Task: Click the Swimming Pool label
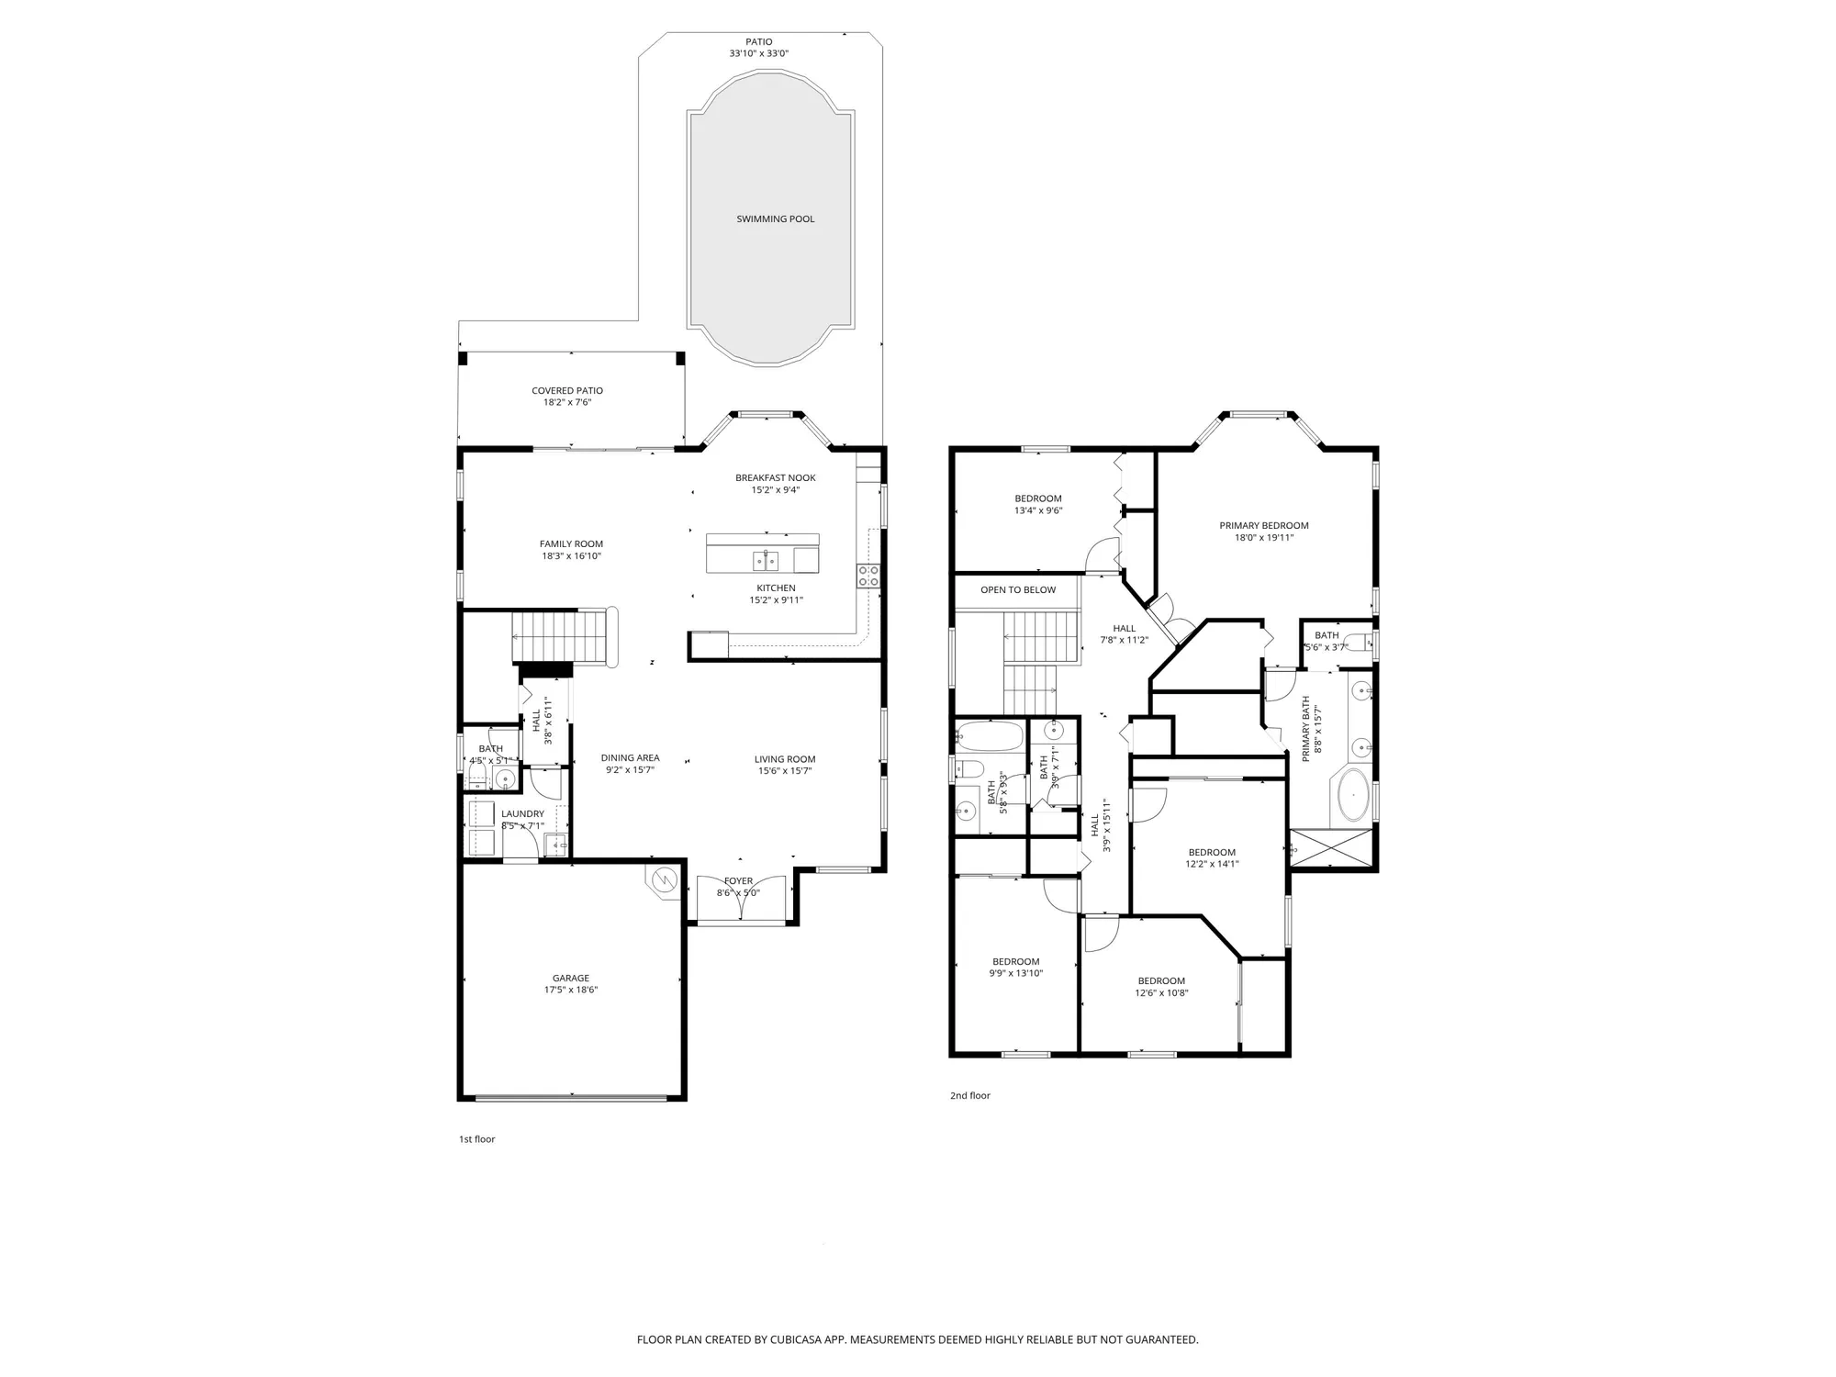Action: click(775, 219)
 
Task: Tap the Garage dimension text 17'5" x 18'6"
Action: click(570, 991)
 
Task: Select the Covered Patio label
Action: click(567, 391)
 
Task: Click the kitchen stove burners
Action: click(868, 576)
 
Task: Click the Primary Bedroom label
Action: click(1263, 526)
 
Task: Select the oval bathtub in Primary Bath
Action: click(1354, 795)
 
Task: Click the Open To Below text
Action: click(1018, 590)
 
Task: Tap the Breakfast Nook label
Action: click(775, 477)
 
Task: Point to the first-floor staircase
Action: click(560, 635)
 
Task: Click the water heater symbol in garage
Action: click(663, 880)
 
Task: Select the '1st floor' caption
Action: click(476, 1139)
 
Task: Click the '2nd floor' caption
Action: click(969, 1095)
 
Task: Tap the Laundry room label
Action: click(522, 814)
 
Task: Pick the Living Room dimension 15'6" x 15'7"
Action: click(784, 771)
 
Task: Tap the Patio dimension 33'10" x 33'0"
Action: click(758, 54)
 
